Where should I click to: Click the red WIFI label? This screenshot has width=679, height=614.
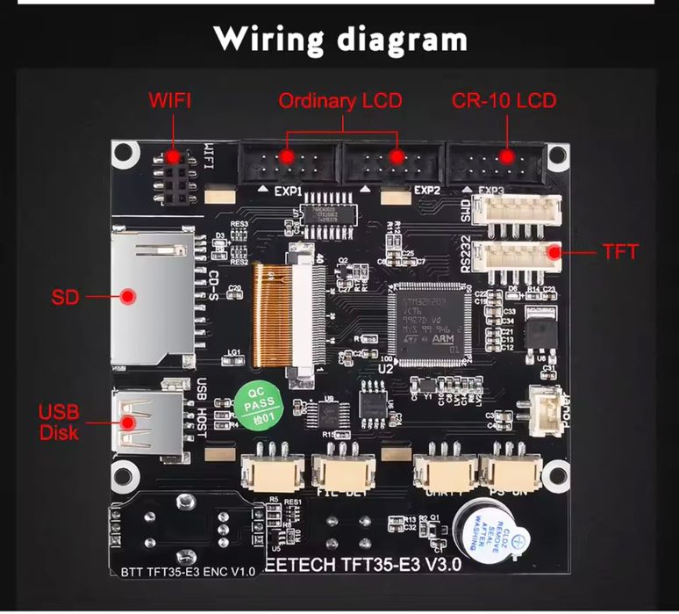[x=169, y=100]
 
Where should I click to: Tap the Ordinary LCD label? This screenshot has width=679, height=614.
[x=339, y=101]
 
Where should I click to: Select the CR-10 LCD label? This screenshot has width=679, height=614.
[x=504, y=100]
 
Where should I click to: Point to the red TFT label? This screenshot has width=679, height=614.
[x=620, y=252]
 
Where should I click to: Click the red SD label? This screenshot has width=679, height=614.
[x=65, y=297]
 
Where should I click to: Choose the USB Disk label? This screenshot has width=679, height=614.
[x=59, y=422]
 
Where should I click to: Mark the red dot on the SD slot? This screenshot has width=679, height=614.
[x=128, y=297]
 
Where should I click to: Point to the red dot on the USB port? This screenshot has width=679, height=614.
[x=128, y=422]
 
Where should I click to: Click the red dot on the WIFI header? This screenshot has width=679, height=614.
[x=174, y=156]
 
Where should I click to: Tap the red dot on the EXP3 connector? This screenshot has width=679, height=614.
[x=505, y=157]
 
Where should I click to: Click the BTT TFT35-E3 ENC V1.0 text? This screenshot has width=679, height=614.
[x=183, y=572]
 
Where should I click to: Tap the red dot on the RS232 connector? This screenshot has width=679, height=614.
[x=554, y=253]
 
